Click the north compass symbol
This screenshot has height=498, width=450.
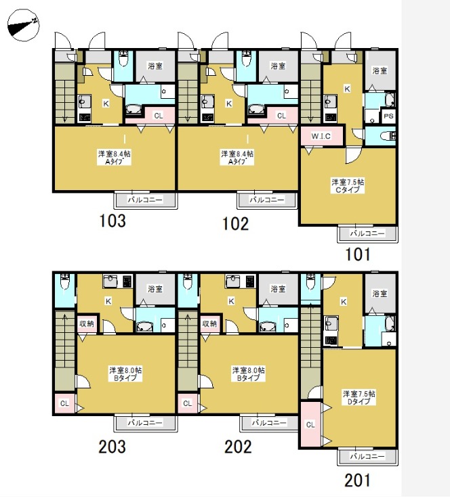[x=23, y=25]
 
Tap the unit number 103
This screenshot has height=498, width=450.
[x=112, y=221]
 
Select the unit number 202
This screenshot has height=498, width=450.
[x=238, y=447]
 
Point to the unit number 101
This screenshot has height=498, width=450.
[x=358, y=254]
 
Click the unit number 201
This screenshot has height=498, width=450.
[x=357, y=480]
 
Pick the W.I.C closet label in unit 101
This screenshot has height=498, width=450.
[x=321, y=136]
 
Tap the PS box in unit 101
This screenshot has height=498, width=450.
[x=388, y=116]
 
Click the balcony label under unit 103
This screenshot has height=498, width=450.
[x=145, y=200]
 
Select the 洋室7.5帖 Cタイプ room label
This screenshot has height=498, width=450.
[x=348, y=186]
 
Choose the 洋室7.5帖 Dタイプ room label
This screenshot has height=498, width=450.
[x=359, y=398]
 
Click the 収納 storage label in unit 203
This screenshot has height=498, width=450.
[x=87, y=323]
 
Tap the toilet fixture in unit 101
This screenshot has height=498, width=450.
[x=388, y=136]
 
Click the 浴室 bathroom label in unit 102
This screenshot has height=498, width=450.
[x=278, y=66]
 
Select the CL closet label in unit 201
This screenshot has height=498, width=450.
[x=310, y=425]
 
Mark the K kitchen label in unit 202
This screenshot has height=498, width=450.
[x=231, y=301]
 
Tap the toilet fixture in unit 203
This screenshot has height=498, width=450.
[x=65, y=282]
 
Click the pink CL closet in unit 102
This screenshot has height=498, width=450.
[x=281, y=115]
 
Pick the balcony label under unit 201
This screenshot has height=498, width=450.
[x=367, y=457]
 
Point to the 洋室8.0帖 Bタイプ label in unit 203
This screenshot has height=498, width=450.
[x=125, y=374]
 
